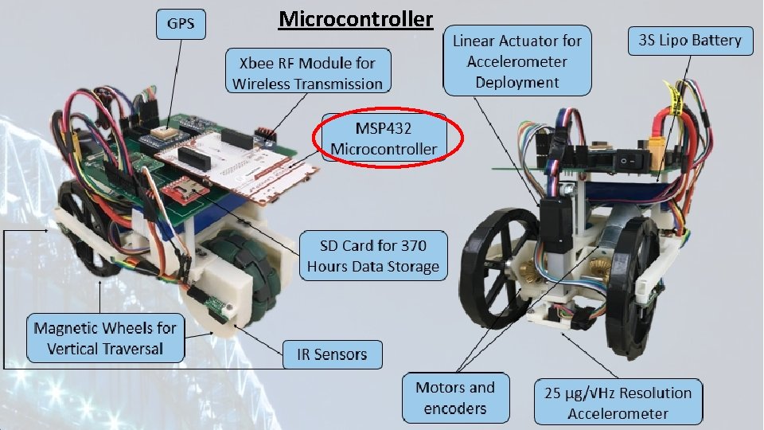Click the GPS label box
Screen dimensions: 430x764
pyautogui.click(x=180, y=24)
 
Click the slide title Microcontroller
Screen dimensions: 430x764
pyautogui.click(x=356, y=18)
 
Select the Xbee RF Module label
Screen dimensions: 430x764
pyautogui.click(x=307, y=72)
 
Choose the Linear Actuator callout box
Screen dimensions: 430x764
pyautogui.click(x=517, y=61)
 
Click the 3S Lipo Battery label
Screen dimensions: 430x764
pyautogui.click(x=689, y=40)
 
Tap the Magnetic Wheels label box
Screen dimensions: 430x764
pyautogui.click(x=105, y=338)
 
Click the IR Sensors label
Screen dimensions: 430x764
pyautogui.click(x=333, y=354)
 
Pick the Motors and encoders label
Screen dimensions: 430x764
pyautogui.click(x=454, y=398)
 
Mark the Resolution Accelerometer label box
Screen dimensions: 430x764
pyautogui.click(x=618, y=402)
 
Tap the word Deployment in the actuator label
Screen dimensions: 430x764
pyautogui.click(x=517, y=82)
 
